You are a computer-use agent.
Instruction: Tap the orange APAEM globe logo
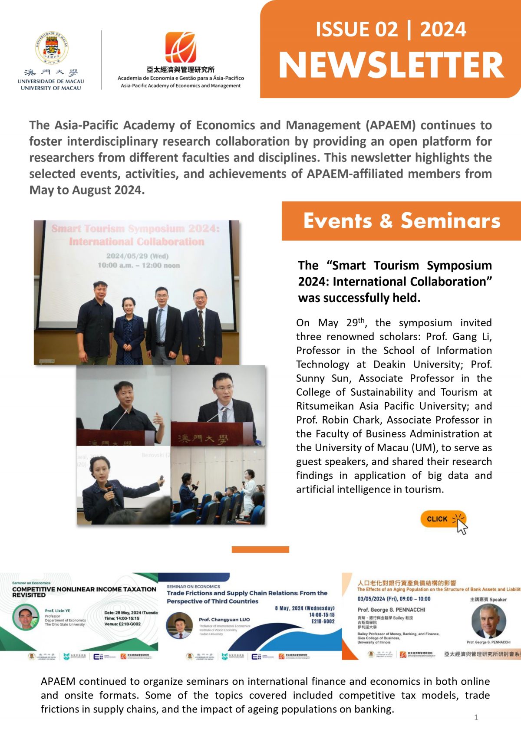coord(180,47)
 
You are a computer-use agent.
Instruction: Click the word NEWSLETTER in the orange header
coord(391,66)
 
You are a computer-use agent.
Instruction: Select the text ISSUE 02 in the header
coord(356,30)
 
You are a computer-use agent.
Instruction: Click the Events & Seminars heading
coord(402,221)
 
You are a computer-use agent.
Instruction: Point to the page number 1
coord(476,717)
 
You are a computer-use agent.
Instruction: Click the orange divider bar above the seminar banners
coord(260,549)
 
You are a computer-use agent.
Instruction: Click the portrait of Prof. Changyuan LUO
coord(179,625)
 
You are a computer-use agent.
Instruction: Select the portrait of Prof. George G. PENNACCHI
coord(488,621)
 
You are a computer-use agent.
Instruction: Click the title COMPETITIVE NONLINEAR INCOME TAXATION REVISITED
coord(84,592)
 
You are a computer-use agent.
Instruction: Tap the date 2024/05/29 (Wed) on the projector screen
coord(137,256)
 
